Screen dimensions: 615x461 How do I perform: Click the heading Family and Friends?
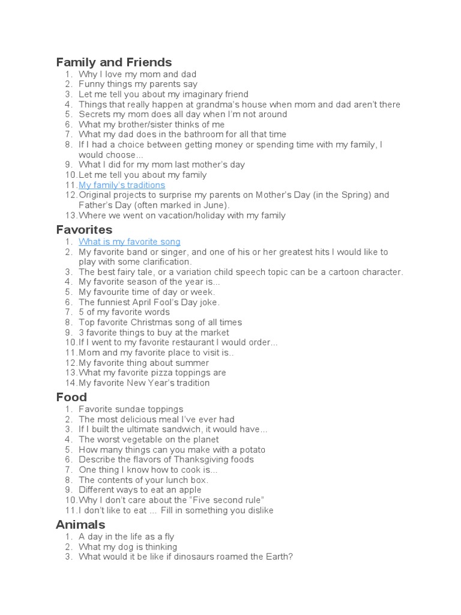(x=114, y=62)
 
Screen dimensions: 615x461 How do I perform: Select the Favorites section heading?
(x=84, y=230)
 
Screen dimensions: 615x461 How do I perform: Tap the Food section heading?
(x=71, y=397)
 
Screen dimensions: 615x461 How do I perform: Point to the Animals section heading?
(x=80, y=525)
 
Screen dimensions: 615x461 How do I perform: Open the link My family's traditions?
(x=122, y=185)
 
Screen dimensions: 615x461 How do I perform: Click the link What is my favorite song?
(x=130, y=241)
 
